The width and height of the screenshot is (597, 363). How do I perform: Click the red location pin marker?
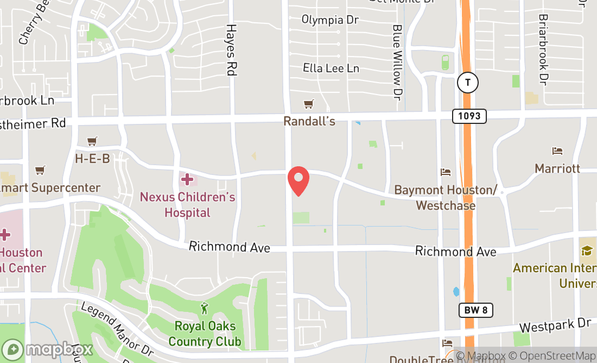tap(298, 181)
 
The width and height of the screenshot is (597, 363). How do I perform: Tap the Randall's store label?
tap(309, 121)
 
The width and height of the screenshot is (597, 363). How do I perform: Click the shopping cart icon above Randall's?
tap(309, 104)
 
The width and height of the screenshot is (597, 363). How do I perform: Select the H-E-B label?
tap(92, 158)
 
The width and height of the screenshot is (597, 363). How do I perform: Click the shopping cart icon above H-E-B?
tap(92, 141)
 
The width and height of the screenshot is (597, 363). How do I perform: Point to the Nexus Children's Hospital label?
tap(187, 204)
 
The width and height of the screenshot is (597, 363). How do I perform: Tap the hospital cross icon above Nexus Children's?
tap(187, 179)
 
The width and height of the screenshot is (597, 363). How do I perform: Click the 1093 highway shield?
tap(469, 116)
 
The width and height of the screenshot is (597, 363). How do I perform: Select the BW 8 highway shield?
tap(476, 310)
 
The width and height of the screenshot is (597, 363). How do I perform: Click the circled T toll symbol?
tap(467, 83)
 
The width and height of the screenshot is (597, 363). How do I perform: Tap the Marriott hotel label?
tap(557, 168)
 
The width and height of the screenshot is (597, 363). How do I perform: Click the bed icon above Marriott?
tap(557, 151)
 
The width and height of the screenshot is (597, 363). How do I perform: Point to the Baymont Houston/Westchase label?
tap(446, 198)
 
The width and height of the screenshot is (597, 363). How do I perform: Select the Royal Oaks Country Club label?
tap(205, 334)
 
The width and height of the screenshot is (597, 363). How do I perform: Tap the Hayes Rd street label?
tap(232, 49)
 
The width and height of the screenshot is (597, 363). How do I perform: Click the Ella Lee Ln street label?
tap(331, 68)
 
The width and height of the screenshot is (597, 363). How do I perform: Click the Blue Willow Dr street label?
tap(398, 62)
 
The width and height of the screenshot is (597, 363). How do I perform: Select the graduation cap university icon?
tap(586, 251)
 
